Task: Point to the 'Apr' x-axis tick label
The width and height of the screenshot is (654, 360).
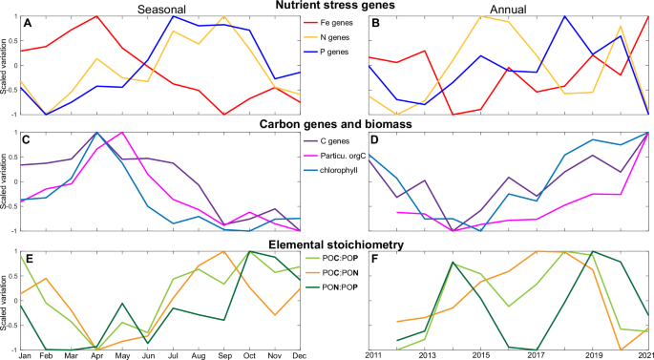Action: click(x=96, y=355)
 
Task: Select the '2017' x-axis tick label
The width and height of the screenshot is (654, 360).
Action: click(x=538, y=355)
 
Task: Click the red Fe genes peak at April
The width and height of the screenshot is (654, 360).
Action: click(x=96, y=17)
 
